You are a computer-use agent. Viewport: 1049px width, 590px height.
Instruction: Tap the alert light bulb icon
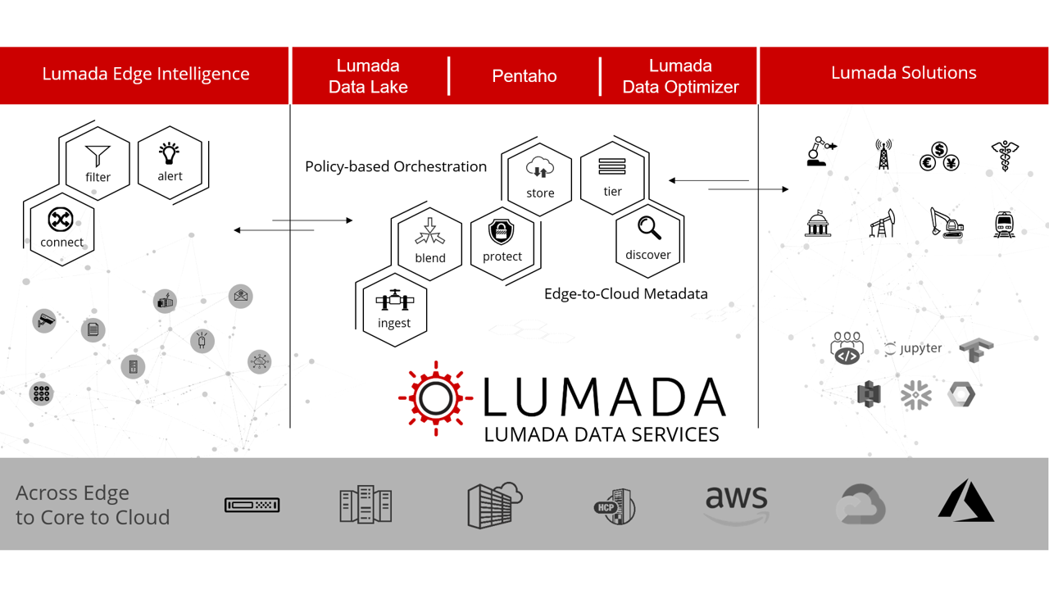(170, 152)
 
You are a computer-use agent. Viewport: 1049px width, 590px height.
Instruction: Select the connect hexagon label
(61, 243)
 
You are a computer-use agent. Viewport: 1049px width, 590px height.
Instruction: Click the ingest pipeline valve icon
(394, 301)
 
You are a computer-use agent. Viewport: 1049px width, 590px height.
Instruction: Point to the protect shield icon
(502, 232)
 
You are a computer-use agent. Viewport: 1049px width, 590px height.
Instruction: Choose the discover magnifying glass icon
(649, 228)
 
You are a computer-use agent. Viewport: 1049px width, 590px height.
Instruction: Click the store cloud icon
(540, 168)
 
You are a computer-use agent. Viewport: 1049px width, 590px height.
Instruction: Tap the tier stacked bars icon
(612, 167)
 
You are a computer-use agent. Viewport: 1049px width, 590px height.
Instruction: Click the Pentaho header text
(524, 76)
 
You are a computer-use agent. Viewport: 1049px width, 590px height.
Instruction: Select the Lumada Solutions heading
(903, 72)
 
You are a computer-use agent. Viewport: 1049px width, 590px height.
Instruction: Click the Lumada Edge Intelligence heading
(146, 74)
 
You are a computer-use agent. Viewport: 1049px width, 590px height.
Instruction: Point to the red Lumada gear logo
(435, 398)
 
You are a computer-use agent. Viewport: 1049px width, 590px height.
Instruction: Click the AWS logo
(736, 502)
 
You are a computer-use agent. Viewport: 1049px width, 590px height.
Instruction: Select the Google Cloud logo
(861, 503)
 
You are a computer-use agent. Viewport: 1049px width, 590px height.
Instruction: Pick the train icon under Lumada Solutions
(1005, 224)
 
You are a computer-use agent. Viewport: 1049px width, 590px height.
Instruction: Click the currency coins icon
(939, 156)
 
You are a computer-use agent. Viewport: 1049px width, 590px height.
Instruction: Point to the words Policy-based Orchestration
(396, 166)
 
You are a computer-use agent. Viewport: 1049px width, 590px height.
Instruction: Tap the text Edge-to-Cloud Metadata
(625, 293)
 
